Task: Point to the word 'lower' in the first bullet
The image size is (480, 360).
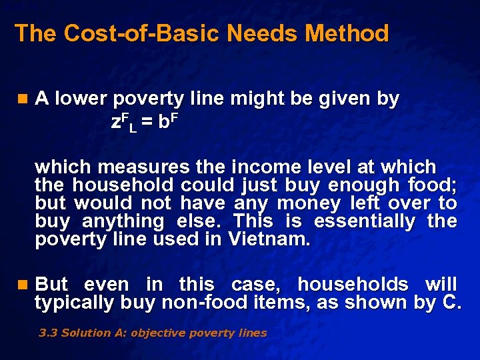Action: coord(81,99)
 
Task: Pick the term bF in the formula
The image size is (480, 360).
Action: coord(169,122)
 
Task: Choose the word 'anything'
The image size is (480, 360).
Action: coord(123,221)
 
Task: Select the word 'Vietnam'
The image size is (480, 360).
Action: coord(269,239)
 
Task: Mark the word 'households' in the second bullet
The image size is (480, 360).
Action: coord(353,285)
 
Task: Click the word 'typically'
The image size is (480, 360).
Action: coord(75,303)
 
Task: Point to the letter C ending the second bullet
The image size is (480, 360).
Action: coord(449,303)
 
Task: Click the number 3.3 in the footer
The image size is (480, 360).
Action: coord(48,333)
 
